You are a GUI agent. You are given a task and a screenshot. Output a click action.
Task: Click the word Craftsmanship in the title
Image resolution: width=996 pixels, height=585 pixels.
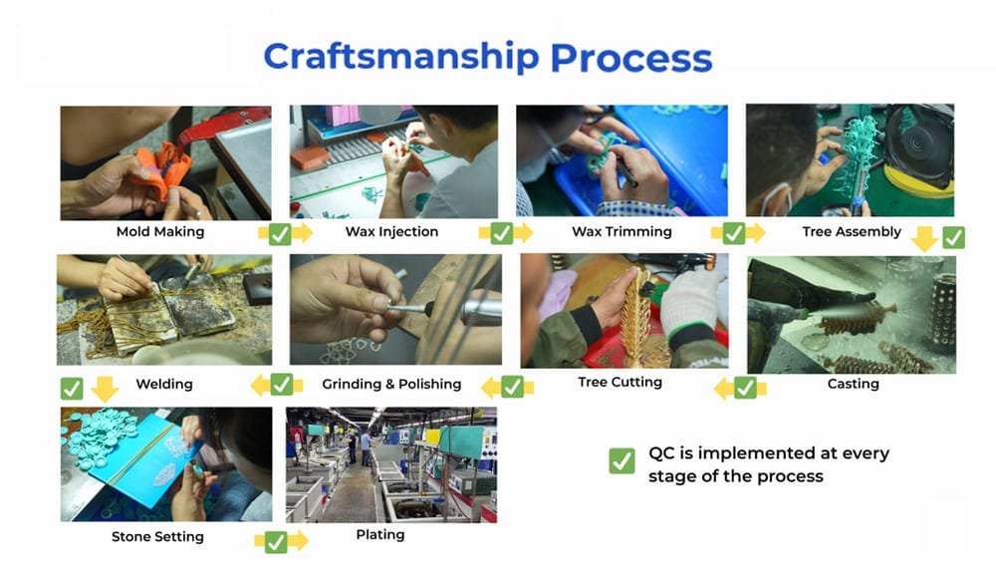point(400,57)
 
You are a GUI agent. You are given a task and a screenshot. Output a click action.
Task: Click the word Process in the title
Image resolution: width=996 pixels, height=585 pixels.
point(631,58)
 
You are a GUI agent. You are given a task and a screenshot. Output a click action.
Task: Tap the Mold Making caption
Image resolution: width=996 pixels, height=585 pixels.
point(160,232)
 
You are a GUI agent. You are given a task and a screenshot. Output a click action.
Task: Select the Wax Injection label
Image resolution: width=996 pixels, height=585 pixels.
point(391,232)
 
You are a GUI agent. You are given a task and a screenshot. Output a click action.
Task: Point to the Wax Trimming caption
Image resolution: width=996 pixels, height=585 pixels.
point(622,232)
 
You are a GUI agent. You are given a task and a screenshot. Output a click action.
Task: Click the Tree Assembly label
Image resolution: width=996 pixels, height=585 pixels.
point(852,232)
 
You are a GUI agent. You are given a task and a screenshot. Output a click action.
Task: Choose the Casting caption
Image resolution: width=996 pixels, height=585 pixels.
point(854,384)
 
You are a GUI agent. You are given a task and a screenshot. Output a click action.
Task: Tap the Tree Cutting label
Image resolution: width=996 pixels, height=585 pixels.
point(620,382)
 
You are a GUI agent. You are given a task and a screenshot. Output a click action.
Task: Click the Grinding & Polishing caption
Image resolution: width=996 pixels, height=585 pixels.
point(391,384)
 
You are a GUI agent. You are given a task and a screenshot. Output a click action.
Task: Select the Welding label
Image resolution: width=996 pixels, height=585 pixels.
point(164,384)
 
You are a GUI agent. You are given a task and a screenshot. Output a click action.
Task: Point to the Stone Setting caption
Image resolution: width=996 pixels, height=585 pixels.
point(157,537)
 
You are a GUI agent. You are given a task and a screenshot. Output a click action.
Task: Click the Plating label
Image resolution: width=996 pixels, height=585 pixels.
point(379,535)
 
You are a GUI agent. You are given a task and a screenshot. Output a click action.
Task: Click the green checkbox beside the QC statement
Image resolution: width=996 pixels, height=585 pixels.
point(622,461)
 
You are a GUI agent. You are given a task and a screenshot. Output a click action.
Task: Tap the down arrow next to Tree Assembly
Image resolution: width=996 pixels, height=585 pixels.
point(924,238)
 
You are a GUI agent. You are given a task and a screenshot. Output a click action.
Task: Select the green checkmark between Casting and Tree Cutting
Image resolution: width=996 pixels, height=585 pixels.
point(745,388)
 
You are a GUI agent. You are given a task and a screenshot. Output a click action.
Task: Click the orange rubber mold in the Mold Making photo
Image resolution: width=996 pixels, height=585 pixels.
point(158,171)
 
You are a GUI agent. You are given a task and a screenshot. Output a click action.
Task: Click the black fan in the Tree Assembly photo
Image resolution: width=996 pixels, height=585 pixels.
point(919,146)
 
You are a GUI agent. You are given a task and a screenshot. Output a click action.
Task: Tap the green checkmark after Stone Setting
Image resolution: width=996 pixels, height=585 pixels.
point(276,542)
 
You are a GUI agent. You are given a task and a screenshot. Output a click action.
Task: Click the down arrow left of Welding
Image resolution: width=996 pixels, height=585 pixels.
point(105,389)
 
